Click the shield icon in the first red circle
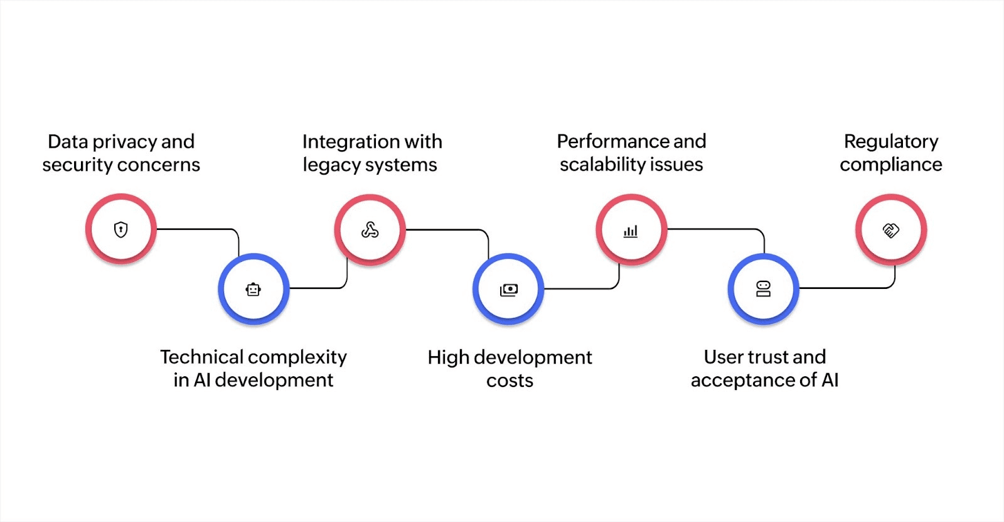pyautogui.click(x=121, y=229)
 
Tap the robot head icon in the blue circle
pyautogui.click(x=254, y=290)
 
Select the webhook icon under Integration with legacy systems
pyautogui.click(x=370, y=231)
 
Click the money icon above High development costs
pyautogui.click(x=509, y=290)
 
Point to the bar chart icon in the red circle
pyautogui.click(x=631, y=231)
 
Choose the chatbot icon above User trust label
pyautogui.click(x=763, y=289)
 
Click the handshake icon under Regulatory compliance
pyautogui.click(x=891, y=230)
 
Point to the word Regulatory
pyautogui.click(x=891, y=142)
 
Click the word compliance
pyautogui.click(x=891, y=165)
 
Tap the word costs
pyautogui.click(x=510, y=381)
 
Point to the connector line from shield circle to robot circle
pyautogui.click(x=201, y=229)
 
